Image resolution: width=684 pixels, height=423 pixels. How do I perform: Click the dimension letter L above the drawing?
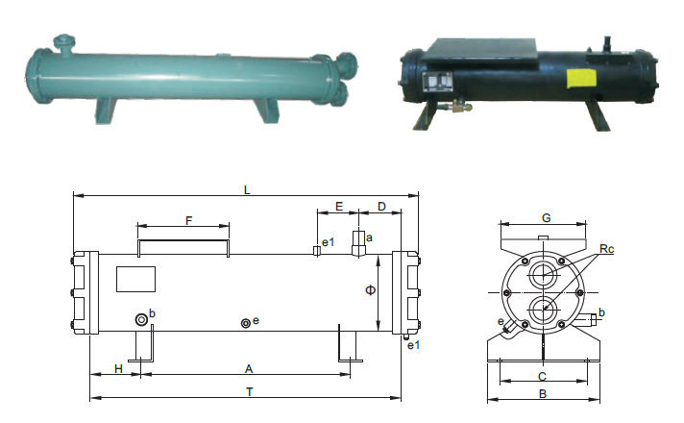[x=247, y=190]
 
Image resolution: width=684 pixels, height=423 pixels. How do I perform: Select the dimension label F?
[x=189, y=221]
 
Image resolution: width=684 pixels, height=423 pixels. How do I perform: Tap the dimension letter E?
[x=339, y=207]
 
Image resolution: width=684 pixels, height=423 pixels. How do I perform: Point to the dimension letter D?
[x=381, y=207]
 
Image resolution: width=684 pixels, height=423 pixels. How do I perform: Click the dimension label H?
[x=119, y=369]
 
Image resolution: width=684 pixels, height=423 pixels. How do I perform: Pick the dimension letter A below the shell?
[x=249, y=369]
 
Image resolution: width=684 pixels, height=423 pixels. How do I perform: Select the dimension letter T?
[x=250, y=392]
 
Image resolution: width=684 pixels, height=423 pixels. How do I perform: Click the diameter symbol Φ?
[x=370, y=290]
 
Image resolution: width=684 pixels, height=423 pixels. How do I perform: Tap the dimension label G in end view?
[x=547, y=218]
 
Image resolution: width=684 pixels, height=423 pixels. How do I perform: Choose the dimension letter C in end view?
[x=542, y=377]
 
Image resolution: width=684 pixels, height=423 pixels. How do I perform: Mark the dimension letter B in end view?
[x=543, y=394]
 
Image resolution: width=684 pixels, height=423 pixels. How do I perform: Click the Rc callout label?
[x=607, y=249]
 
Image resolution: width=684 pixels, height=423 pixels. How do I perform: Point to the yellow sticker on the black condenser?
[x=581, y=79]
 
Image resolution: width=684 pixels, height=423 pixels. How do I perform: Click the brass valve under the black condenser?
[x=456, y=106]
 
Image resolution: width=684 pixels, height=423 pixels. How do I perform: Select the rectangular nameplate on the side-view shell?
[x=135, y=279]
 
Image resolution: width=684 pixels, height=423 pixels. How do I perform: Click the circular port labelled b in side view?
[x=141, y=319]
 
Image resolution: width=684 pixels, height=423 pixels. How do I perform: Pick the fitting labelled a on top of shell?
[x=358, y=243]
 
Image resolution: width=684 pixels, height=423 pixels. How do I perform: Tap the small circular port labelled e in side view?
[x=246, y=323]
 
